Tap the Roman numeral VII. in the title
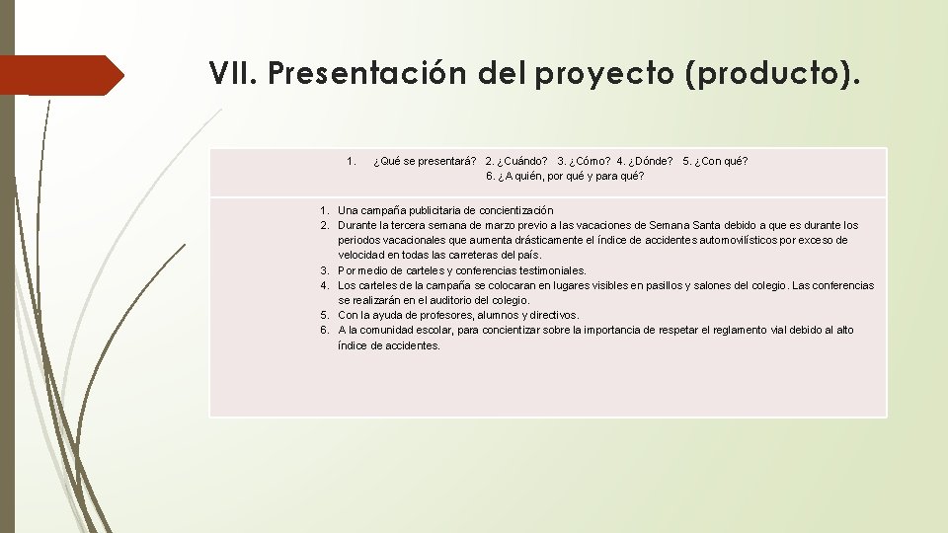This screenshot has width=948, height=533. coord(232,74)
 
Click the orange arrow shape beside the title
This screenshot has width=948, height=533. coord(61,75)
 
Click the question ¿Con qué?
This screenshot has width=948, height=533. coord(715,161)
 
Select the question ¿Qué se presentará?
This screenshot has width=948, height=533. coord(425,161)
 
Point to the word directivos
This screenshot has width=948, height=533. coord(552,315)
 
